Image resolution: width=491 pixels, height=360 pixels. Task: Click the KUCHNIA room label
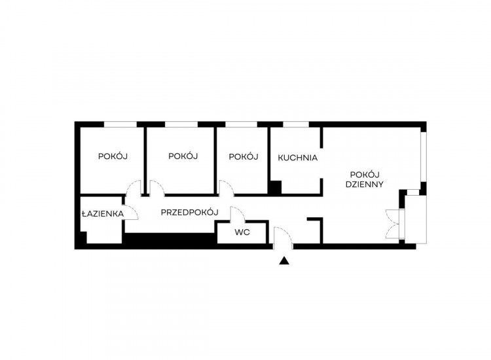click(x=297, y=158)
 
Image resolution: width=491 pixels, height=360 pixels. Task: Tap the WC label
click(x=242, y=232)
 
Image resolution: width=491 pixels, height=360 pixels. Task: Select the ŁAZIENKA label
click(x=103, y=213)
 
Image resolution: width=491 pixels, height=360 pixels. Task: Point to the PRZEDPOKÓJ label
click(x=189, y=212)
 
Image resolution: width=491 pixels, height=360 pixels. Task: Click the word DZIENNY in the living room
click(x=365, y=184)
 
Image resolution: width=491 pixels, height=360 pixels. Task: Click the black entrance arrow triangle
click(x=284, y=261)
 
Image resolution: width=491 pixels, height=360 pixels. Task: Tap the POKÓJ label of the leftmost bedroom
click(x=113, y=156)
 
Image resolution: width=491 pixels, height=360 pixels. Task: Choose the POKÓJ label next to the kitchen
click(x=244, y=156)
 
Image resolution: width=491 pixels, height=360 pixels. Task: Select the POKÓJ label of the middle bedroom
click(x=183, y=156)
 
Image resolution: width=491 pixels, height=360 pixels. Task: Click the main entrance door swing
click(x=283, y=238)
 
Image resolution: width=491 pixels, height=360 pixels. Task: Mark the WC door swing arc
click(x=238, y=214)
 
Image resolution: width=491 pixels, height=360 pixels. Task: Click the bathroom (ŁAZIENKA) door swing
click(x=131, y=213)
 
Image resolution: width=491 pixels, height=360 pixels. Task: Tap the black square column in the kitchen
click(x=276, y=187)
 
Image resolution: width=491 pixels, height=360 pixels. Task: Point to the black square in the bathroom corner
click(x=82, y=238)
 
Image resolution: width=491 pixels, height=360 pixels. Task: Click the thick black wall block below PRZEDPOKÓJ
click(x=171, y=238)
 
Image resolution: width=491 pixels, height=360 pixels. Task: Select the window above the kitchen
click(x=296, y=124)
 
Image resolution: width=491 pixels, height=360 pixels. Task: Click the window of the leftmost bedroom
click(x=120, y=124)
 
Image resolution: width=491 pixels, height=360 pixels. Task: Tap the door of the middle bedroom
click(x=157, y=188)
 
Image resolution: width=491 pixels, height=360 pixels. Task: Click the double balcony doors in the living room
click(x=393, y=224)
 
